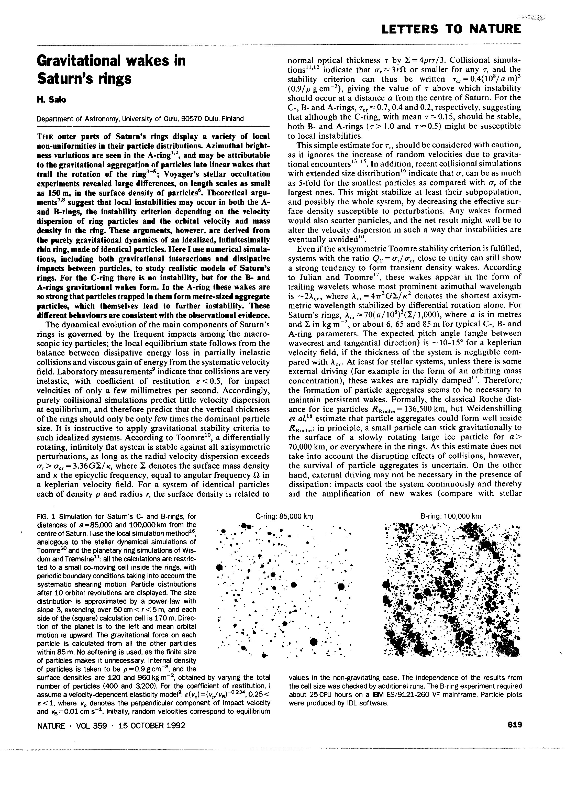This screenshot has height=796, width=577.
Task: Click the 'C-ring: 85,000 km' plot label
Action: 284,516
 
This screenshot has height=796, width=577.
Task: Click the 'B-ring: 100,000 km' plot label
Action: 451,516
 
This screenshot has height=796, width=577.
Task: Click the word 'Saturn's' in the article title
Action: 65,79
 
